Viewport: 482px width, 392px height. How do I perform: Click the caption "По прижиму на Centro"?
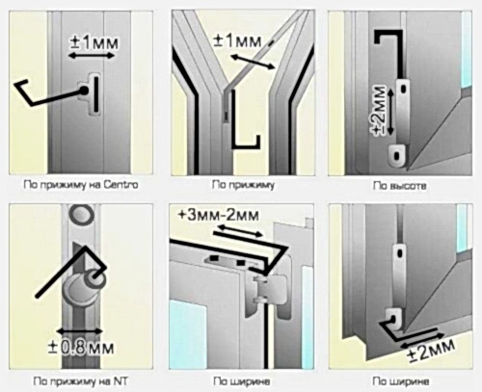coord(81,185)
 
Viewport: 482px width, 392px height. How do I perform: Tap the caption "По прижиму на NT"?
coord(80,381)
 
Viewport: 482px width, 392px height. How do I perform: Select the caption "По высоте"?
coord(400,186)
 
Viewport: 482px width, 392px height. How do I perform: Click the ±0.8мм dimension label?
coord(81,348)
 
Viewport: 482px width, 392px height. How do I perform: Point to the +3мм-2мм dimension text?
coord(218,215)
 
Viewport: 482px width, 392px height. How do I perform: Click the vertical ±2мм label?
coord(380,111)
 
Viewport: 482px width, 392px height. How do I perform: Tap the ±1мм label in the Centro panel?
coord(94,43)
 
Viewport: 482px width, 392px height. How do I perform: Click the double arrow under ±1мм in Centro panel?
coord(92,56)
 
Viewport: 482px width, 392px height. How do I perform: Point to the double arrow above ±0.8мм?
coord(79,330)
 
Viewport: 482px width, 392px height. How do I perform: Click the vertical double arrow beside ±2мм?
coord(390,112)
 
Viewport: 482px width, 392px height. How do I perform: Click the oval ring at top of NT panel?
coord(82,215)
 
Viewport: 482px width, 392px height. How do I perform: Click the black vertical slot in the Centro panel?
coord(96,94)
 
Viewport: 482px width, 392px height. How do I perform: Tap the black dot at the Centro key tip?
coord(84,91)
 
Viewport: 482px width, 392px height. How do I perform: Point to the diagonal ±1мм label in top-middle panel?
coord(238,42)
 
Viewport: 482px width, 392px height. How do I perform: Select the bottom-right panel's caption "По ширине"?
coord(401,381)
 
